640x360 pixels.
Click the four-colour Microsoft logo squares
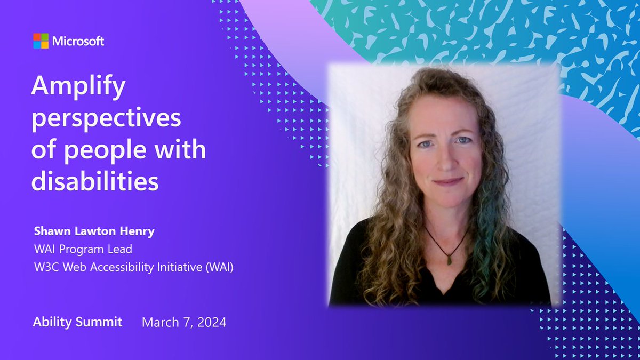pyautogui.click(x=41, y=41)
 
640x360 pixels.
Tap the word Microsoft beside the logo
pyautogui.click(x=78, y=41)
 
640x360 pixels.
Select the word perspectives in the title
pyautogui.click(x=106, y=118)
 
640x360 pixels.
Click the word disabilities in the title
pyautogui.click(x=95, y=181)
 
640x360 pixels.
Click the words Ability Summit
pyautogui.click(x=77, y=322)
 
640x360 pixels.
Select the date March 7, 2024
pyautogui.click(x=184, y=322)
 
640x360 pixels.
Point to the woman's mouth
pyautogui.click(x=447, y=181)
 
